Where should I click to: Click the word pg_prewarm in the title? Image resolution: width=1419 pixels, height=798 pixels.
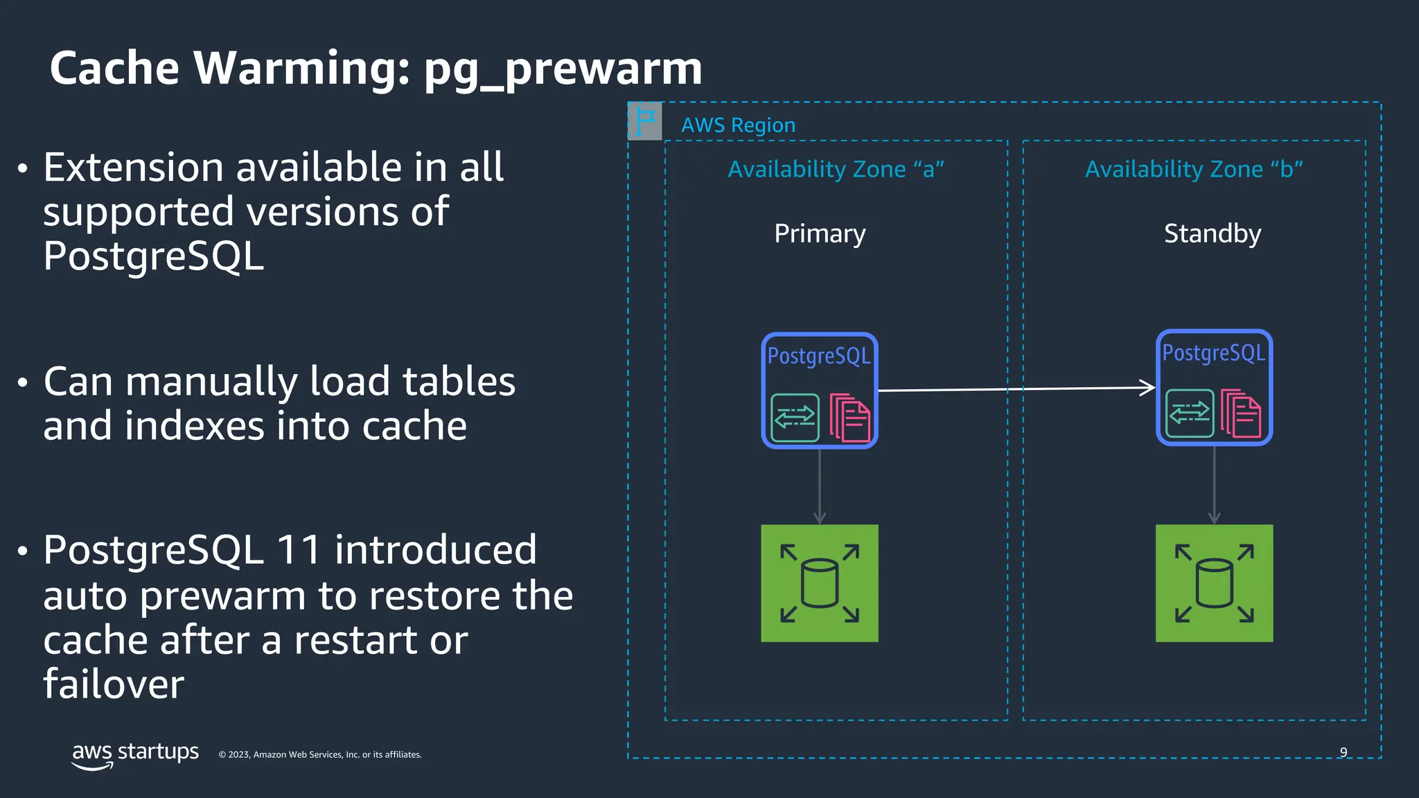point(563,69)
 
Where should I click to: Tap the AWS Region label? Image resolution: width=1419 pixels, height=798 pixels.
point(738,125)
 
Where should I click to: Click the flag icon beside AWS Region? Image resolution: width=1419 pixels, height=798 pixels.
point(645,121)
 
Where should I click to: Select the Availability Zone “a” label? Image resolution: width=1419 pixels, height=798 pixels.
point(836,169)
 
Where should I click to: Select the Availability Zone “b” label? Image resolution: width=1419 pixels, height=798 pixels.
point(1194,169)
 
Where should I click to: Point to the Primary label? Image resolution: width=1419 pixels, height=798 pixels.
point(820,234)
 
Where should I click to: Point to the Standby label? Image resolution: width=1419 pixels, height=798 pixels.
point(1213,234)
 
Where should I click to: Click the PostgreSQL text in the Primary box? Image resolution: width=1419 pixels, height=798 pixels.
point(819,356)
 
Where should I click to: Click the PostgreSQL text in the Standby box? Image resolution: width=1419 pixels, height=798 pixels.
point(1213,353)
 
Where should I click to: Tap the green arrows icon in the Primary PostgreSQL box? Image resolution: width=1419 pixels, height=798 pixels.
point(795,418)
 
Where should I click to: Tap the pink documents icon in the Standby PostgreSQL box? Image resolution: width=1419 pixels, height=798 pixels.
point(1241,414)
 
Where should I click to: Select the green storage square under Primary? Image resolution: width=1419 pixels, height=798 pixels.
point(820,583)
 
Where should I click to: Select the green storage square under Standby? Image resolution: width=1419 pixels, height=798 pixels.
point(1214,583)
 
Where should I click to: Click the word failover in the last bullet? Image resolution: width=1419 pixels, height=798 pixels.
point(114,684)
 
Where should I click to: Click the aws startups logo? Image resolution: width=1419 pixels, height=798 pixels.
point(135,754)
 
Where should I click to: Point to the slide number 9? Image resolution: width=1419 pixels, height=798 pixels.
point(1343,752)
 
